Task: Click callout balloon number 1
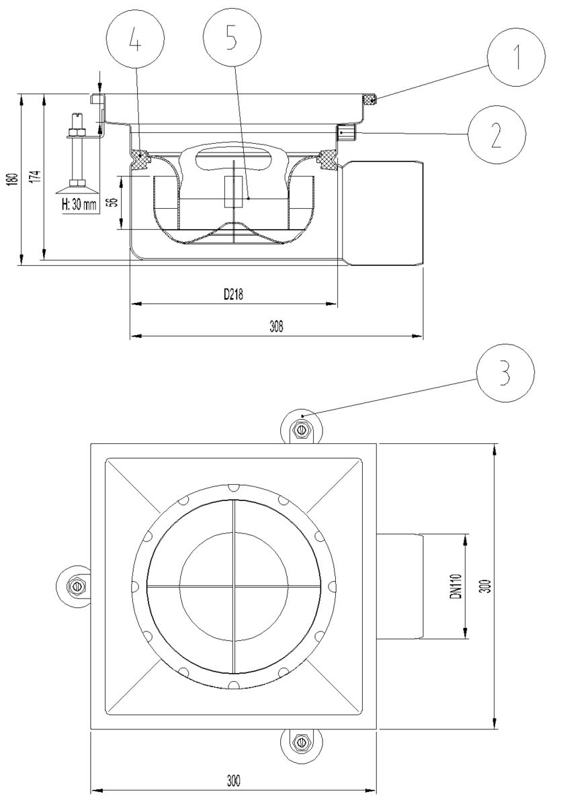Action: click(x=516, y=57)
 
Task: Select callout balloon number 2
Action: click(x=496, y=135)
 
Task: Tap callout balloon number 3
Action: click(x=505, y=373)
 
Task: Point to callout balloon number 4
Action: click(x=135, y=38)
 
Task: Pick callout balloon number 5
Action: click(x=232, y=38)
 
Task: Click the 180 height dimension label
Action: click(x=13, y=179)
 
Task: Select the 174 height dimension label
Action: click(x=36, y=177)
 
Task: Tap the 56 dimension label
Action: click(x=114, y=202)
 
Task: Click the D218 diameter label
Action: click(x=234, y=294)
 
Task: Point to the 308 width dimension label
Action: click(x=276, y=326)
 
